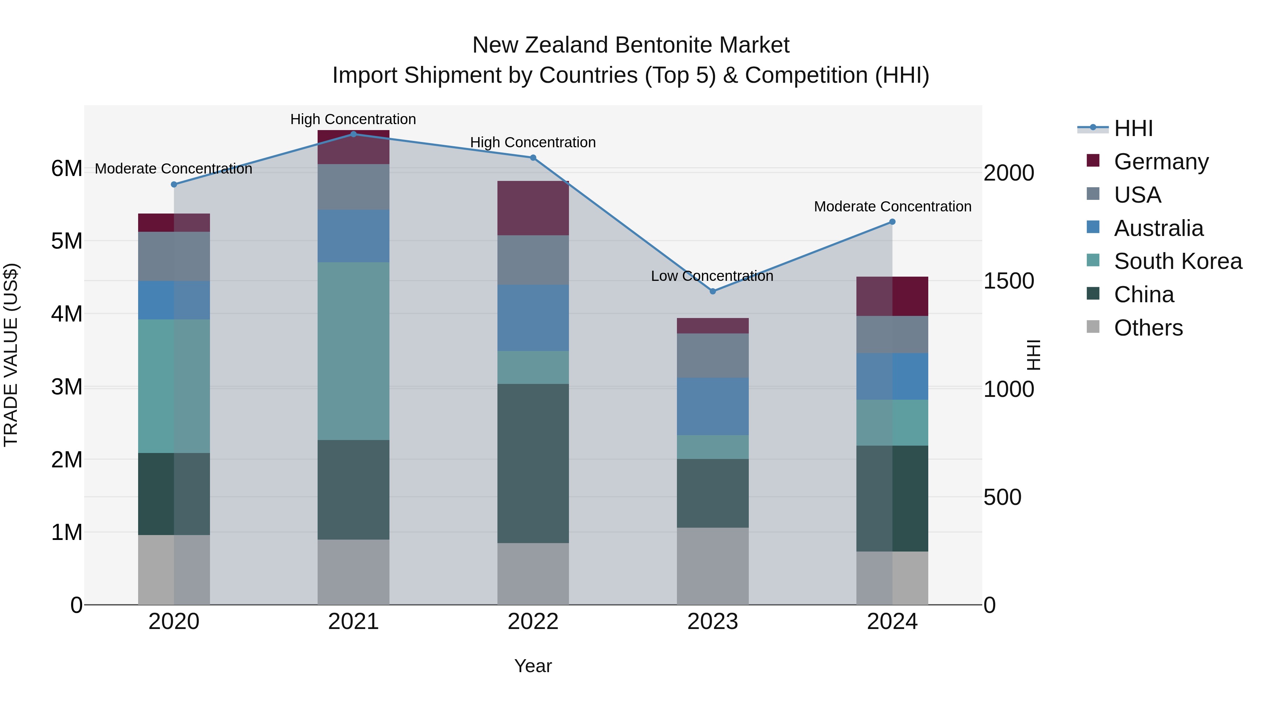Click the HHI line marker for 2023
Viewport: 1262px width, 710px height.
(x=713, y=291)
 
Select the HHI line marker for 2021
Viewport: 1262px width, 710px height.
(x=353, y=134)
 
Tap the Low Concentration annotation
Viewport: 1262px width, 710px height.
(x=712, y=276)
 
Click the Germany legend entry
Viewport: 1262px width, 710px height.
(x=1161, y=161)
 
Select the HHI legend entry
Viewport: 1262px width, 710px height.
(x=1133, y=128)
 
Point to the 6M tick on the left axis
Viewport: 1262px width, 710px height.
(x=67, y=169)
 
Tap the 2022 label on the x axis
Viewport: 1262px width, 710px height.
(x=533, y=622)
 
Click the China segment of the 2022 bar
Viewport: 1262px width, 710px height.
(x=533, y=463)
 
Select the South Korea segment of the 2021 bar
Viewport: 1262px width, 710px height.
(x=353, y=351)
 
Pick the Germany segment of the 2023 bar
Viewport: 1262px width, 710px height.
(x=713, y=326)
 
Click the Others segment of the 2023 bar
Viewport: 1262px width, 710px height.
(x=713, y=566)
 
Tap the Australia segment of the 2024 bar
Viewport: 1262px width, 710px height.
(x=892, y=376)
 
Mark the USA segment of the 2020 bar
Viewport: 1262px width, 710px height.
(x=174, y=256)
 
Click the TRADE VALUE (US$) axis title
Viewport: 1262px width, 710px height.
(x=11, y=355)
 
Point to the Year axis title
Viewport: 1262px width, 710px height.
(x=533, y=666)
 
